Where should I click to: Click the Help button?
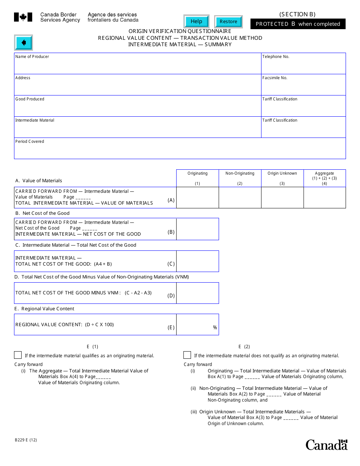pos(196,22)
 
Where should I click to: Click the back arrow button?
pos(23,42)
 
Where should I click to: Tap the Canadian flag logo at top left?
pos(23,17)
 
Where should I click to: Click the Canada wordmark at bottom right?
pos(326,445)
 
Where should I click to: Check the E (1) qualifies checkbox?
pos(18,355)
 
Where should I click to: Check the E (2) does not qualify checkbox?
pos(187,355)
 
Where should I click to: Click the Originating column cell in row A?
pos(197,198)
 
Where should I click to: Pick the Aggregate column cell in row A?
pos(324,198)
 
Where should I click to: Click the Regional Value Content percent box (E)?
pos(197,325)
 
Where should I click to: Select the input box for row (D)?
pos(197,293)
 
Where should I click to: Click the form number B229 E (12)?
pos(26,440)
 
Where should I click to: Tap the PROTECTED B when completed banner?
pos(298,24)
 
